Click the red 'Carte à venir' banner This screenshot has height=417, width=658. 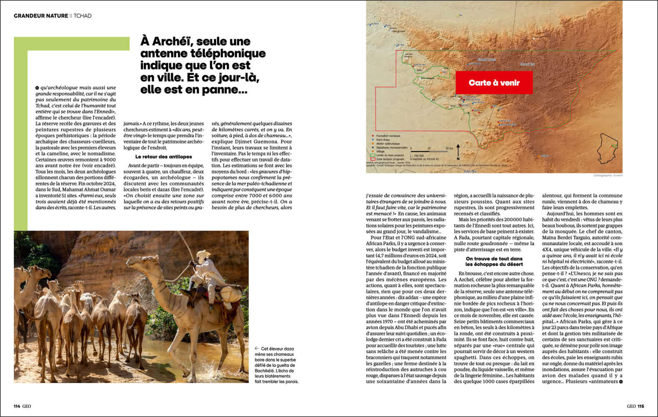[494, 83]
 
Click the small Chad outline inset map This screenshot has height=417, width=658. [608, 148]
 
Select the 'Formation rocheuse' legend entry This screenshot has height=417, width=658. [388, 136]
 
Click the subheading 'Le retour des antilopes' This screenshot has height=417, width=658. [163, 157]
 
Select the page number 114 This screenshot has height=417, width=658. [17, 406]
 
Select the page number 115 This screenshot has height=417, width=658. [640, 406]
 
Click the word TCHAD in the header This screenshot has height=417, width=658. [83, 16]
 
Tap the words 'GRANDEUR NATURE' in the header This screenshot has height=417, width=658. [41, 16]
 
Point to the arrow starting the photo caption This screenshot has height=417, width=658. [257, 349]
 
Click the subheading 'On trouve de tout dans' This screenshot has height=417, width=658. [494, 259]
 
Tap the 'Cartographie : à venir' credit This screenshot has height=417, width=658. [608, 176]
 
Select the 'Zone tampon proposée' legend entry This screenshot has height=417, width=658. [390, 159]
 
